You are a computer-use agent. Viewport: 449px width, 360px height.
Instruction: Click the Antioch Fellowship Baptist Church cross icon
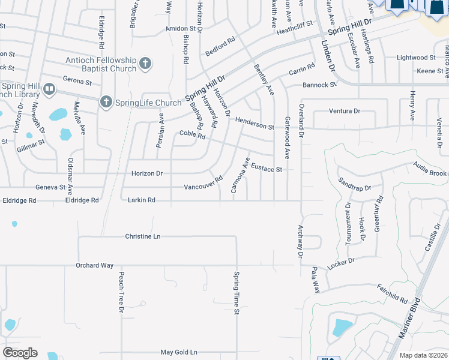(145, 63)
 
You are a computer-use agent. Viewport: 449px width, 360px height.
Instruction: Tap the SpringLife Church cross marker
(106, 102)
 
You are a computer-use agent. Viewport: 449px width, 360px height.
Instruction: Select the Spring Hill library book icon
(49, 90)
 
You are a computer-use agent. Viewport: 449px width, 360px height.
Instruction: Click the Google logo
(20, 352)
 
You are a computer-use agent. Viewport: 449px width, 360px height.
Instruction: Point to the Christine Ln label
(142, 236)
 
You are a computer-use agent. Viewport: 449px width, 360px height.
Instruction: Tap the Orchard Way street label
(94, 265)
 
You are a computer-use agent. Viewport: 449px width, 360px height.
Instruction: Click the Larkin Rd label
(142, 200)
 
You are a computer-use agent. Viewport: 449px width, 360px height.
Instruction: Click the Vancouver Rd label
(203, 182)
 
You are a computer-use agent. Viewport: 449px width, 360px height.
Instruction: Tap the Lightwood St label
(417, 58)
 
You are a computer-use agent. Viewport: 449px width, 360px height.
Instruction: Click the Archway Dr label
(300, 242)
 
